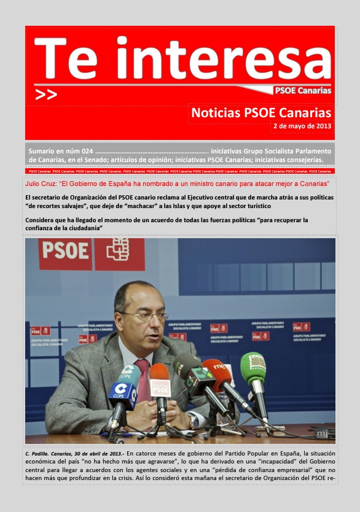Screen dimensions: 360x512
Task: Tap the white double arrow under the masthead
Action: point(47,95)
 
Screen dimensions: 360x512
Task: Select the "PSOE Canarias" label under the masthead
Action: point(302,91)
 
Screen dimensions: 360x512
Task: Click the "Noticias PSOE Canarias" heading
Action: point(262,113)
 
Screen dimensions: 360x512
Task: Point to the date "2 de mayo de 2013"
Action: point(302,126)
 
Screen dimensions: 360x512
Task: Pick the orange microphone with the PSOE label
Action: point(160,383)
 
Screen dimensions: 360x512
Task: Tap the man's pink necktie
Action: point(143,374)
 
